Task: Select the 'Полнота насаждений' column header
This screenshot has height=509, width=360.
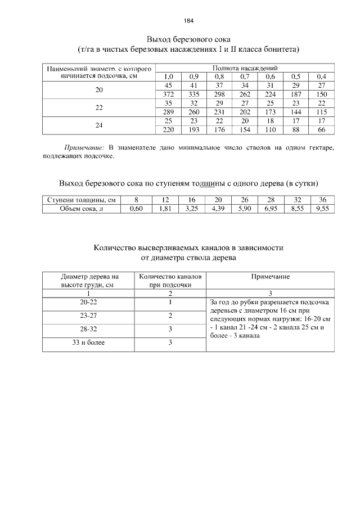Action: point(245,68)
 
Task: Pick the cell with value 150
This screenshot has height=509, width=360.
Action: point(321,94)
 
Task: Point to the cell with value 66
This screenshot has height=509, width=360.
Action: point(321,130)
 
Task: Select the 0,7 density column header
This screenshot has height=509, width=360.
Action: point(245,76)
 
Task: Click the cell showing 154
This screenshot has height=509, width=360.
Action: point(245,130)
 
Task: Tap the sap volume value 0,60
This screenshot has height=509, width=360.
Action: point(136,209)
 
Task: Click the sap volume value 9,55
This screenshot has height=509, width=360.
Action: point(322,209)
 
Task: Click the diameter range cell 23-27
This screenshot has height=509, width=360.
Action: point(88,316)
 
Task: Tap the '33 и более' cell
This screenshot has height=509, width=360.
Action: point(88,342)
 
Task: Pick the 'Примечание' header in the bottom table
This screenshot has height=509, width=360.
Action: point(271,277)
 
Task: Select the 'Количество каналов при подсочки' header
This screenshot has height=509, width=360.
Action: point(170,281)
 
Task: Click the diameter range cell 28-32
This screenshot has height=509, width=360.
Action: point(88,329)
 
